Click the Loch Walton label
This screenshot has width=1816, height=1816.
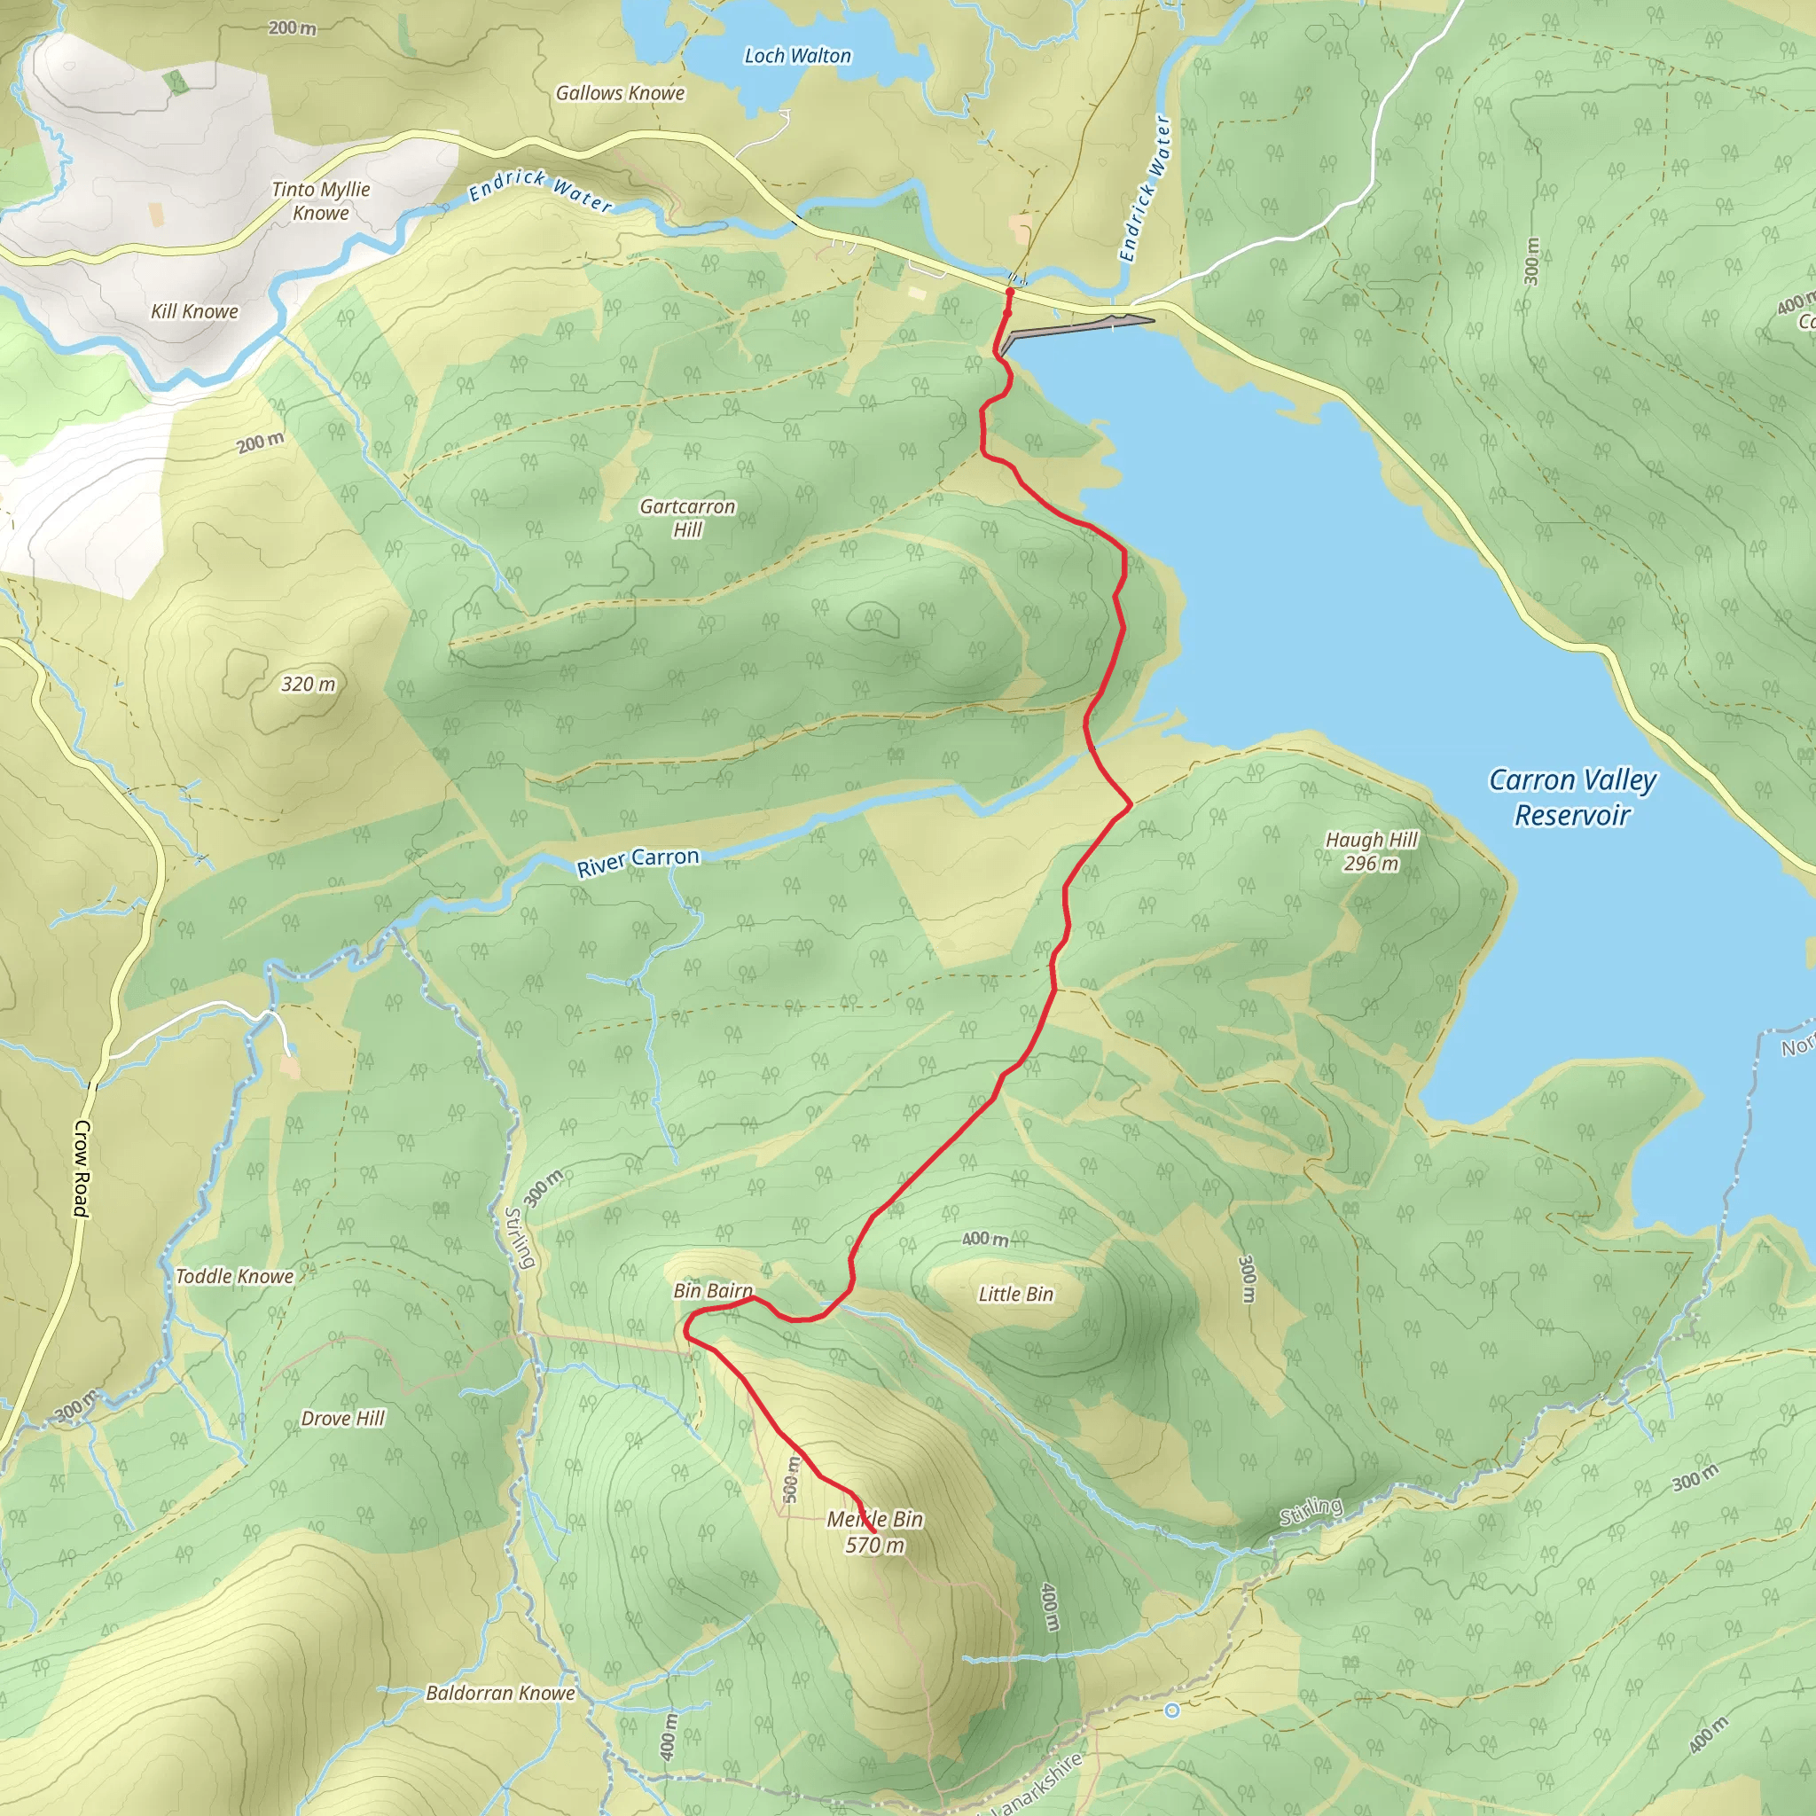[x=797, y=57]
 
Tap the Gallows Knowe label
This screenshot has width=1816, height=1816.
[x=620, y=93]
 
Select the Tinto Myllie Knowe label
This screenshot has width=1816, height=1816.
[x=320, y=201]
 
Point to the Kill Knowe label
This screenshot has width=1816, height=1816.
[x=194, y=311]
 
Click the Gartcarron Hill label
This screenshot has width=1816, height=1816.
[x=687, y=518]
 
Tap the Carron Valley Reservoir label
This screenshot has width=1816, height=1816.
[x=1572, y=797]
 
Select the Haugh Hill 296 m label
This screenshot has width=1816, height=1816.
[x=1372, y=851]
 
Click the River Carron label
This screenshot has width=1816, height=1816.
[x=638, y=861]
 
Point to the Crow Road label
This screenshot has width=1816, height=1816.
[x=82, y=1169]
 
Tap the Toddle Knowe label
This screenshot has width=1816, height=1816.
[x=234, y=1277]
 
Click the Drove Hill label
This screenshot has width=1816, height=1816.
[x=342, y=1419]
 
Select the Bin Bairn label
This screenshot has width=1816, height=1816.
[x=713, y=1290]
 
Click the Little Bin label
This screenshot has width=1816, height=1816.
[x=1015, y=1295]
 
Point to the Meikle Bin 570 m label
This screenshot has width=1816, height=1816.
[x=874, y=1531]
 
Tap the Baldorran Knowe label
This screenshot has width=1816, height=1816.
[x=500, y=1693]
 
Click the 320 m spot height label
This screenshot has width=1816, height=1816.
[x=309, y=685]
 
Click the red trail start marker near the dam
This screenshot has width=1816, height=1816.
[x=1009, y=294]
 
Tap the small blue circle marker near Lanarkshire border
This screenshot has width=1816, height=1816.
[x=1171, y=1710]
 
